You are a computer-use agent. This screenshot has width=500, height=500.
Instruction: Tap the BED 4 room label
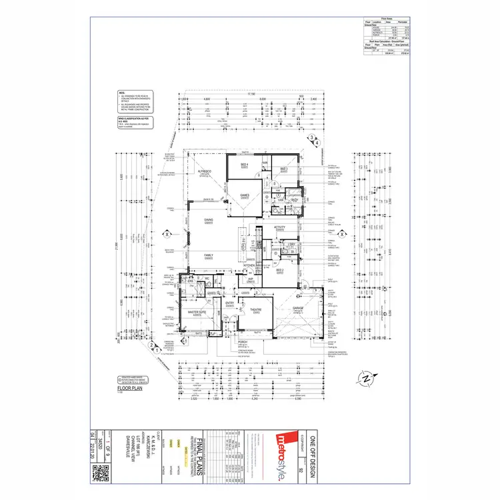(x=245, y=165)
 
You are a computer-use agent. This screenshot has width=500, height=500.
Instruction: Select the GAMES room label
(x=245, y=195)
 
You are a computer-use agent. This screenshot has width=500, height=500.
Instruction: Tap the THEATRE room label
(x=255, y=310)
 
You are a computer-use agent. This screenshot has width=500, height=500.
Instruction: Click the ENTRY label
(x=229, y=303)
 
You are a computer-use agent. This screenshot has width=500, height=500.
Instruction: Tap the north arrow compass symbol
(x=366, y=379)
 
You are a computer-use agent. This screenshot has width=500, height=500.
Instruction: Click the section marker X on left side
(x=166, y=234)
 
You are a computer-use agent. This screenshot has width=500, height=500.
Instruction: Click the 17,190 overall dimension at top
(x=251, y=94)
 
